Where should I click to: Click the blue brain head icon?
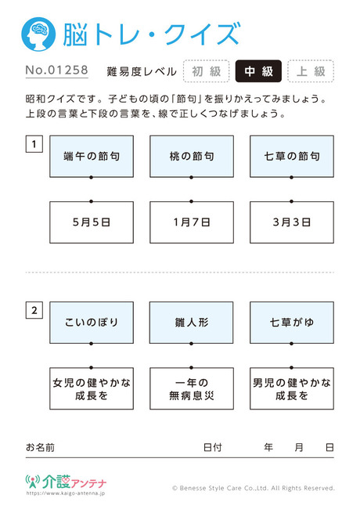[x=38, y=34]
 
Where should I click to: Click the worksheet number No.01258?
[x=57, y=70]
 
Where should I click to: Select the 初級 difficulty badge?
[x=207, y=71]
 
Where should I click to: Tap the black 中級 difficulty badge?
[x=258, y=71]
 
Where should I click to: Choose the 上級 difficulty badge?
[x=311, y=71]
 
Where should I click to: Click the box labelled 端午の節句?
[x=92, y=157]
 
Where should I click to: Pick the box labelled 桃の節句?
[x=192, y=157]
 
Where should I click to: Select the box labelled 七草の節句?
[x=292, y=157]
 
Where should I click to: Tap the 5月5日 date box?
[x=92, y=222]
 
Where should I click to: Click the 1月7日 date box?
[x=192, y=222]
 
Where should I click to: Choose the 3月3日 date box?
[x=292, y=222]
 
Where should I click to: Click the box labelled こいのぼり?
[x=92, y=323]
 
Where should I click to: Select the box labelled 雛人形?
[x=192, y=323]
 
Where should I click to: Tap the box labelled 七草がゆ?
[x=292, y=323]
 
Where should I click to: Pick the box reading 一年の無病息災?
[x=192, y=388]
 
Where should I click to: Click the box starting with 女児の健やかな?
[x=92, y=388]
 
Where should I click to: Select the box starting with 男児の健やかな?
[x=292, y=388]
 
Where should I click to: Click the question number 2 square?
[x=34, y=310]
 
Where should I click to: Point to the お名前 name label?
[x=40, y=448]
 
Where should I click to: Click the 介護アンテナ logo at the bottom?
[x=66, y=482]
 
